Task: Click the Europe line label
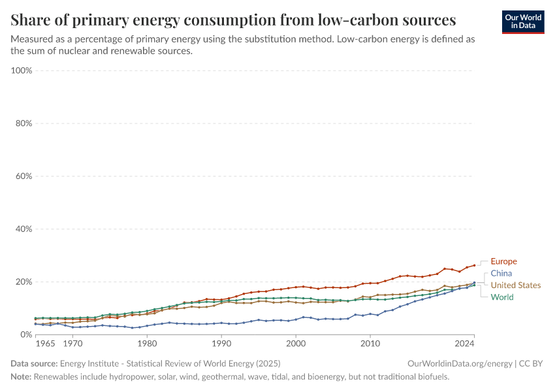[503, 261]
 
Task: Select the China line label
[501, 273]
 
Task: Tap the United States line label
[515, 285]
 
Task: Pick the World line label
[501, 297]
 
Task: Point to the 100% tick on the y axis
[22, 71]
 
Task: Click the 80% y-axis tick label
[24, 123]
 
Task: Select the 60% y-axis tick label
[24, 176]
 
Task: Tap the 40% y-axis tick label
[24, 229]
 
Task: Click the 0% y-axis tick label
[25, 335]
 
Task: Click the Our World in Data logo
[523, 22]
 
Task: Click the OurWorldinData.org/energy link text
[459, 363]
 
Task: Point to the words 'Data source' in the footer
[33, 363]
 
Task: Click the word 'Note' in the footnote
[22, 377]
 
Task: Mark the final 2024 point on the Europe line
[474, 265]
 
